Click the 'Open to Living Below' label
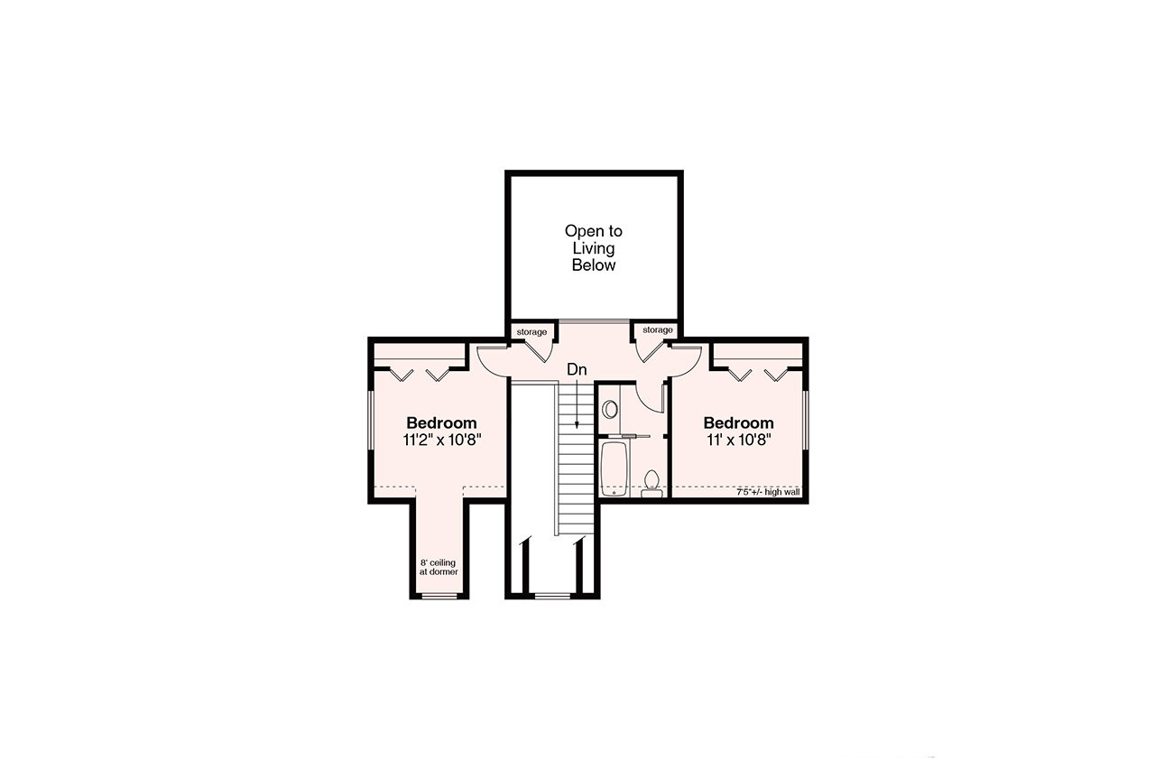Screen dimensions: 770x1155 pyautogui.click(x=593, y=248)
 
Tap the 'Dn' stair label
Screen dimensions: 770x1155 pyautogui.click(x=577, y=369)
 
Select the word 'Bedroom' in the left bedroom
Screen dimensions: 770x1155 pyautogui.click(x=441, y=422)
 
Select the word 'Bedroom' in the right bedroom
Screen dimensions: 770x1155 pyautogui.click(x=738, y=422)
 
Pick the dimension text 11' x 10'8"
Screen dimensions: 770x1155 pyautogui.click(x=738, y=440)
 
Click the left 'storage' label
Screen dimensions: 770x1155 pyautogui.click(x=531, y=332)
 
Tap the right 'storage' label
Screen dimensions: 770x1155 pyautogui.click(x=657, y=330)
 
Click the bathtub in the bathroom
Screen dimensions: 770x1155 pyautogui.click(x=614, y=468)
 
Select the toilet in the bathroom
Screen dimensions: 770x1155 pyautogui.click(x=651, y=482)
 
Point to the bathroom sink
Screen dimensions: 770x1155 pyautogui.click(x=610, y=409)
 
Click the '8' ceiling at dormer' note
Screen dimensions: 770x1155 pyautogui.click(x=438, y=567)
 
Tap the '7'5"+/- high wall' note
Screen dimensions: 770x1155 pyautogui.click(x=768, y=493)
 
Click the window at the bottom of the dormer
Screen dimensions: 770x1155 pyautogui.click(x=440, y=596)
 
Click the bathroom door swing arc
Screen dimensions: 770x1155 pyautogui.click(x=648, y=397)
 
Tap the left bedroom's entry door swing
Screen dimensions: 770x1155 pyautogui.click(x=492, y=361)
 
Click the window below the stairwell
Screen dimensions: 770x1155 pyautogui.click(x=551, y=596)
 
